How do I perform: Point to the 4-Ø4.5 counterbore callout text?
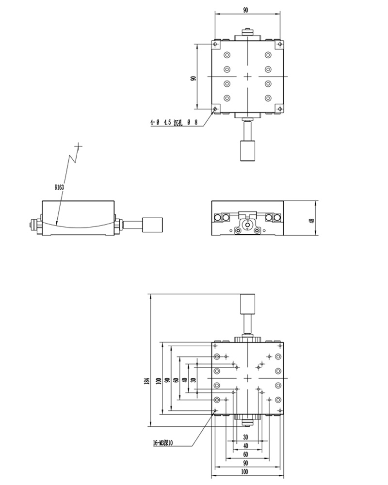(175, 123)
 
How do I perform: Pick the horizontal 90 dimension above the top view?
(246, 10)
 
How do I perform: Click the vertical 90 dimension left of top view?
(193, 78)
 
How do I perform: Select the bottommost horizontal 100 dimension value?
(246, 471)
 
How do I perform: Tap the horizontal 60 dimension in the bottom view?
(246, 454)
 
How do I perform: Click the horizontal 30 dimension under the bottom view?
(246, 437)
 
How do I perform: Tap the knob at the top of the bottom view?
(247, 305)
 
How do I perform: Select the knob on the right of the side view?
(151, 225)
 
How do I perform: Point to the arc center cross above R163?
(79, 145)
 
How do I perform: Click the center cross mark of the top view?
(247, 77)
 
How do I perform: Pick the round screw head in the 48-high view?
(247, 225)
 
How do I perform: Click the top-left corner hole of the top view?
(215, 44)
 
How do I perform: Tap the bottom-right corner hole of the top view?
(279, 109)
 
